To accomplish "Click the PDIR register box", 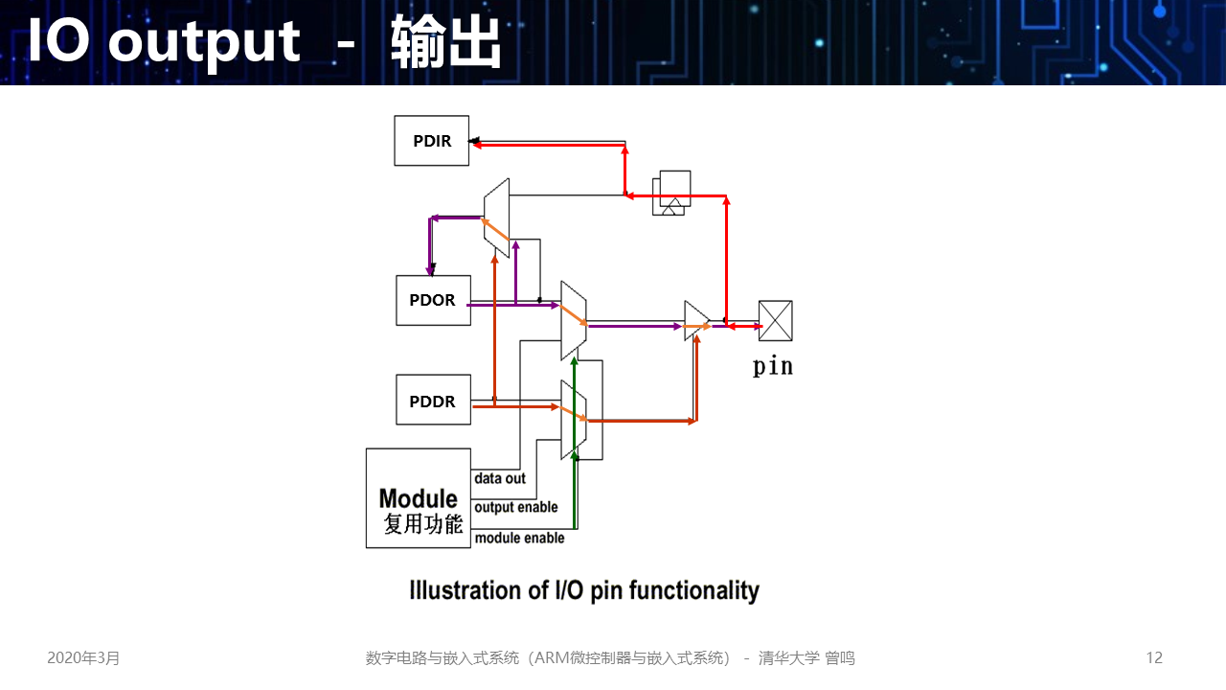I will (x=432, y=141).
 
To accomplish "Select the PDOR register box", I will (x=433, y=300).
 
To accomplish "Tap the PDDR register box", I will (x=433, y=400).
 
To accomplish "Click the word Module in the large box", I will (x=419, y=498).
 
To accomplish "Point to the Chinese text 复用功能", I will (x=423, y=524).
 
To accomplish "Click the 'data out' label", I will (x=500, y=478).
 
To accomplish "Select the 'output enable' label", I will (x=516, y=507).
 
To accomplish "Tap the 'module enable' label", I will (x=520, y=538).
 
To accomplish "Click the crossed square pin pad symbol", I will (x=775, y=321).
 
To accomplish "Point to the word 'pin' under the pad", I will (x=773, y=366).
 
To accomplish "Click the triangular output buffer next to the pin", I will (x=696, y=321).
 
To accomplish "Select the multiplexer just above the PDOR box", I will (x=496, y=218).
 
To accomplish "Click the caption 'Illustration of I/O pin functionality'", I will (x=584, y=590).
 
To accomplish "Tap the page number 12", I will (x=1154, y=657).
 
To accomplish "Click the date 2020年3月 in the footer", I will (x=84, y=657).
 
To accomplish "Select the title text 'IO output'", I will (x=164, y=42).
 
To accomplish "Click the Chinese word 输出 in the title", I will (x=446, y=42).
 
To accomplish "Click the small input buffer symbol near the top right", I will (x=672, y=193).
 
